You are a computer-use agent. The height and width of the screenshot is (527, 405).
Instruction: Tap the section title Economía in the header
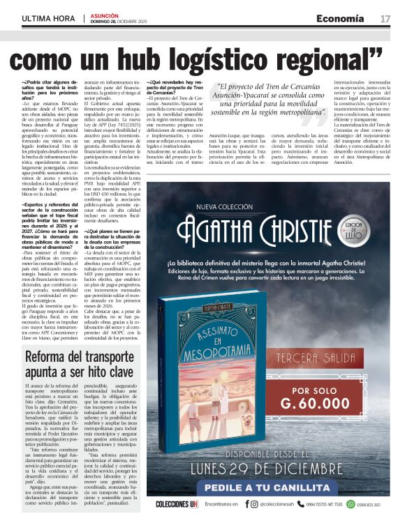(x=340, y=17)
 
